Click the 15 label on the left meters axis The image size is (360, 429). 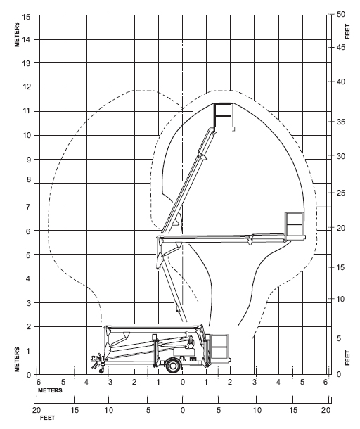coord(26,17)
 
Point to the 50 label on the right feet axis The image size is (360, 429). coord(340,14)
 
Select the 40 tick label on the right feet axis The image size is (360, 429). coord(340,82)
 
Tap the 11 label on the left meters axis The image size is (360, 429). coord(26,111)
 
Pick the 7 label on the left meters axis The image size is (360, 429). coord(28,207)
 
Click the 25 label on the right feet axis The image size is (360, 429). coord(340,193)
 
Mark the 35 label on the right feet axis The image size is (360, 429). coord(340,122)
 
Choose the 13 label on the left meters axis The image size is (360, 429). coord(26,63)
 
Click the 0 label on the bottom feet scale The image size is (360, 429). coord(183,410)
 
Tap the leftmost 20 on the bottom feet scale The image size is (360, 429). coord(37,410)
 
